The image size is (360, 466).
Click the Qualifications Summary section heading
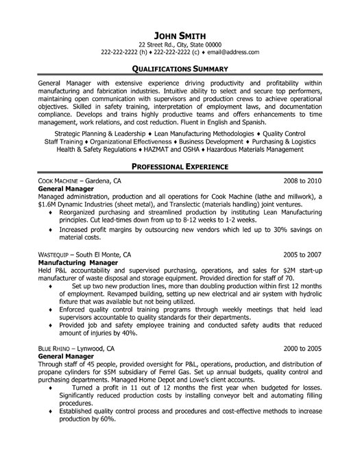tap(180, 69)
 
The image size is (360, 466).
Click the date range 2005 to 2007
tap(302, 254)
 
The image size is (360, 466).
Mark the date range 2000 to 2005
tap(302, 348)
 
